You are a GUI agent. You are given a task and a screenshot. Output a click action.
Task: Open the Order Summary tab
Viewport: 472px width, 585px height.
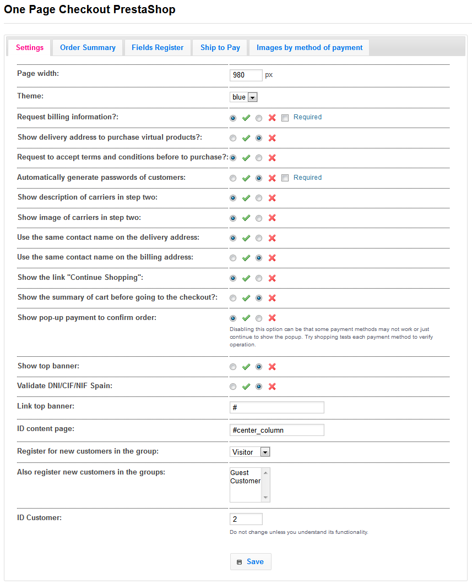coord(88,48)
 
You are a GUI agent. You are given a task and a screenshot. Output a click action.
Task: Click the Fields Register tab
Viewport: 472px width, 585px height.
coord(158,48)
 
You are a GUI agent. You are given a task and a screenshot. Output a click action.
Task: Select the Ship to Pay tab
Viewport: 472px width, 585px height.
coord(220,48)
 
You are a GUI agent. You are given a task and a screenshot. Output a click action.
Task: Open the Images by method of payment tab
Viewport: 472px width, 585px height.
coord(309,48)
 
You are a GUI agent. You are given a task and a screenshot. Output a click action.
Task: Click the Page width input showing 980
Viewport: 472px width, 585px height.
coord(246,75)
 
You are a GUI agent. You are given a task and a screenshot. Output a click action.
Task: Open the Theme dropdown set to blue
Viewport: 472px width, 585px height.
coord(243,97)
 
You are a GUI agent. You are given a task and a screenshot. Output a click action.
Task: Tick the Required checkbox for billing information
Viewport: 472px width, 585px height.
coord(285,118)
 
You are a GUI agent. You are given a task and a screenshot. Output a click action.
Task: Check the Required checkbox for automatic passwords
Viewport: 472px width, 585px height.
coord(285,178)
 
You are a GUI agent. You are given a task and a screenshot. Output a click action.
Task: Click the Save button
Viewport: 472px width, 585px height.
coord(250,561)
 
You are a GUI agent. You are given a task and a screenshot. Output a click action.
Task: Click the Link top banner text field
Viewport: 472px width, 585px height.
coord(276,407)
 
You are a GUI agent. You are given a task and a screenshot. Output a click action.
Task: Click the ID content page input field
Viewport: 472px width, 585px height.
coord(276,430)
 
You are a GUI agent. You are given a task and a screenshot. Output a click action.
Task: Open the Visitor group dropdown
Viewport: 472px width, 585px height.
coord(249,452)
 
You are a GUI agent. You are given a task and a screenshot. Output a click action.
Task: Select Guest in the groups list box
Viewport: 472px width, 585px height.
coord(240,473)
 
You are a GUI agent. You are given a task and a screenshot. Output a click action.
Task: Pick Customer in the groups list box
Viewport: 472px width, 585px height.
coord(245,481)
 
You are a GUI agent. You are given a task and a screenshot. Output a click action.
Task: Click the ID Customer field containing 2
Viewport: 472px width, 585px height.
coord(246,519)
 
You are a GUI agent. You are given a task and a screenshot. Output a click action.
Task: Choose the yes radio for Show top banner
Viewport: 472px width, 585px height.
coord(233,367)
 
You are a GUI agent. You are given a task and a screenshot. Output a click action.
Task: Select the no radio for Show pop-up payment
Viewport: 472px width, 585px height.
coord(259,318)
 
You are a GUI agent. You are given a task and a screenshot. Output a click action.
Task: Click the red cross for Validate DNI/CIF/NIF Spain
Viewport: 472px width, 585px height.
coord(272,387)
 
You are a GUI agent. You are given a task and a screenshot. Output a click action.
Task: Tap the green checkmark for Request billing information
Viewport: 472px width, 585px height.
coord(246,118)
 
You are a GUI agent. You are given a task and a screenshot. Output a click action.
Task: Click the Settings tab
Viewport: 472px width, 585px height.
coord(30,48)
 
